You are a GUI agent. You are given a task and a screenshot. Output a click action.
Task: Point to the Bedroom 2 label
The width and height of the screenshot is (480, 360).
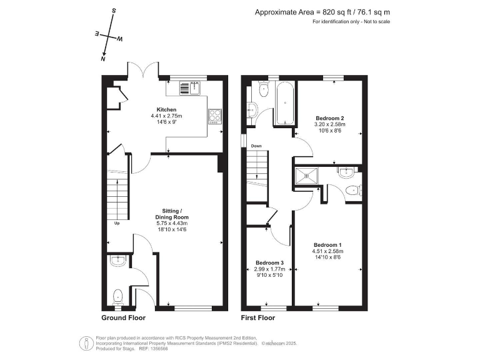pos(330,118)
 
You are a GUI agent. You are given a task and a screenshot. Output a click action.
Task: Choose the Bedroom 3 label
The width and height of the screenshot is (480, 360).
pos(270,262)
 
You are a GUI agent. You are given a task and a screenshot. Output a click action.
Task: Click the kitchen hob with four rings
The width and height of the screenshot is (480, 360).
pos(214,115)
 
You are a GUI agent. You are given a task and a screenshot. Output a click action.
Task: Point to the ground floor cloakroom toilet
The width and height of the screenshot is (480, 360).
pos(117,295)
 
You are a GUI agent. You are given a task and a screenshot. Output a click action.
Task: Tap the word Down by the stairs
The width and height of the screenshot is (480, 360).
pos(256,147)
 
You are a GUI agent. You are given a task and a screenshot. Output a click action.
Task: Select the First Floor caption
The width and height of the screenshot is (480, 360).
pos(258,317)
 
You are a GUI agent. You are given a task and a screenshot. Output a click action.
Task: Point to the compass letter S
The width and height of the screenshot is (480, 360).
pos(113,11)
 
